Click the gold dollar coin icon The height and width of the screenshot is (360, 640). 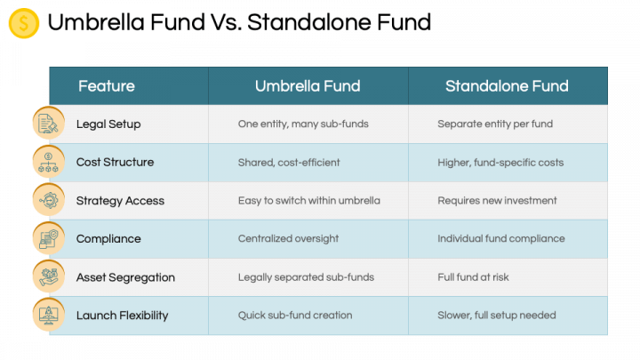(x=24, y=23)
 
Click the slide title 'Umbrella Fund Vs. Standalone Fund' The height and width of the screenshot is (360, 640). (x=239, y=22)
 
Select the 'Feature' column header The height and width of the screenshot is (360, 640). (x=107, y=86)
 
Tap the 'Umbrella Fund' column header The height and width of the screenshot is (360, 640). (x=308, y=86)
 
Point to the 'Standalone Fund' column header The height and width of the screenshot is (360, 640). (x=507, y=86)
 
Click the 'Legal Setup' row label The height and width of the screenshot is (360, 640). (x=108, y=124)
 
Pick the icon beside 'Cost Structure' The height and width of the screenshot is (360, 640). (x=49, y=162)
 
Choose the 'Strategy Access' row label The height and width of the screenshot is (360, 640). (x=120, y=201)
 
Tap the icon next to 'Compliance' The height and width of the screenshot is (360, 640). (x=49, y=238)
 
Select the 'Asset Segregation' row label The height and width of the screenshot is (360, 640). (x=125, y=277)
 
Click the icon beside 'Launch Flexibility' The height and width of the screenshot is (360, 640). (x=49, y=315)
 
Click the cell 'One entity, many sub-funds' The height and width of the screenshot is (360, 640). (x=303, y=124)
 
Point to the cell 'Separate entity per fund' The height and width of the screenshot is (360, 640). (x=495, y=124)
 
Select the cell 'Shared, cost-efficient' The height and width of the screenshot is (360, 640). (x=289, y=163)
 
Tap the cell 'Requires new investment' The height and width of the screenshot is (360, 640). (x=497, y=200)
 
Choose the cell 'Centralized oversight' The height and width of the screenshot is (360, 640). (x=288, y=238)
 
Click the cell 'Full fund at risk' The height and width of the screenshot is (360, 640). (x=473, y=277)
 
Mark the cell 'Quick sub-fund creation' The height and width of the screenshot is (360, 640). (x=295, y=315)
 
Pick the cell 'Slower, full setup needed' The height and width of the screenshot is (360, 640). (x=497, y=315)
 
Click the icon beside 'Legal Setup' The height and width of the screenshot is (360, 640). (x=49, y=123)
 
